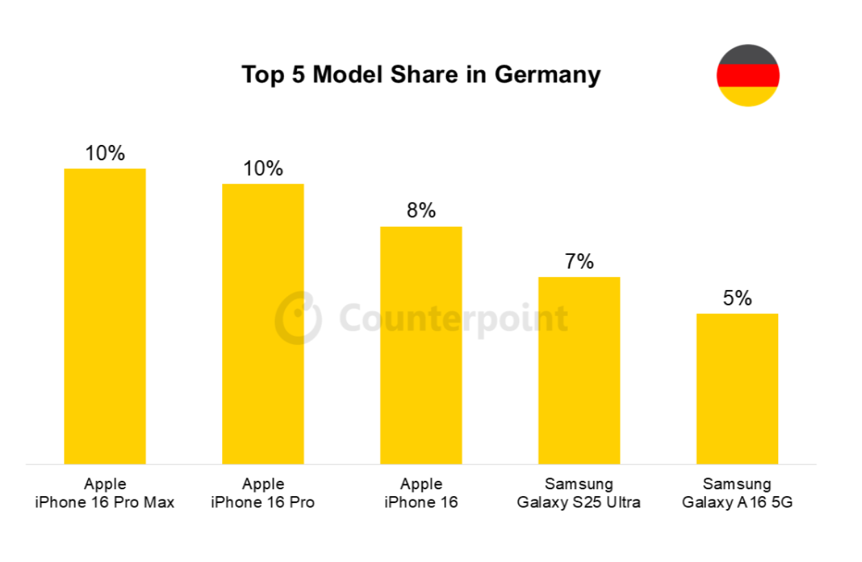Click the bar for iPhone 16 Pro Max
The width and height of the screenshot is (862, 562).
(x=104, y=316)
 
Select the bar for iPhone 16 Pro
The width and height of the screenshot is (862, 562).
(x=263, y=324)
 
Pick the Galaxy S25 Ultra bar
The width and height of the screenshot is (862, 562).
(x=579, y=370)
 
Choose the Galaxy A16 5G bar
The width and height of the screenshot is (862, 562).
(x=737, y=389)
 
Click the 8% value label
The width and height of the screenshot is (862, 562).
(x=421, y=210)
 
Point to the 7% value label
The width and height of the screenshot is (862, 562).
(x=579, y=261)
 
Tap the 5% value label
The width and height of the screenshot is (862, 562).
(x=737, y=298)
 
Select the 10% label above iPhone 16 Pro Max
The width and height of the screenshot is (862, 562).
(x=104, y=153)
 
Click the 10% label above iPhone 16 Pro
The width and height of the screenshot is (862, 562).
(x=263, y=168)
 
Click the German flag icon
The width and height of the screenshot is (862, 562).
(x=748, y=76)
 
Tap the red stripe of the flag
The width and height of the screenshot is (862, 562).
(x=748, y=76)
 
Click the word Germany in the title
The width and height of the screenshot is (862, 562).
(x=547, y=75)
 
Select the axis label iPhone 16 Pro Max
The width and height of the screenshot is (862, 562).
(x=104, y=502)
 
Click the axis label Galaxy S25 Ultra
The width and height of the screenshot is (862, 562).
(x=579, y=502)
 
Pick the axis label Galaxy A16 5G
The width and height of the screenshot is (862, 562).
(x=737, y=502)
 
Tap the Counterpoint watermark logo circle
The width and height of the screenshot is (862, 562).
(x=298, y=318)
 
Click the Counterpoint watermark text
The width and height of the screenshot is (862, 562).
(x=454, y=318)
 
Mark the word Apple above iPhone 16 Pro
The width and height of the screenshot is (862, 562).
(x=263, y=484)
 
